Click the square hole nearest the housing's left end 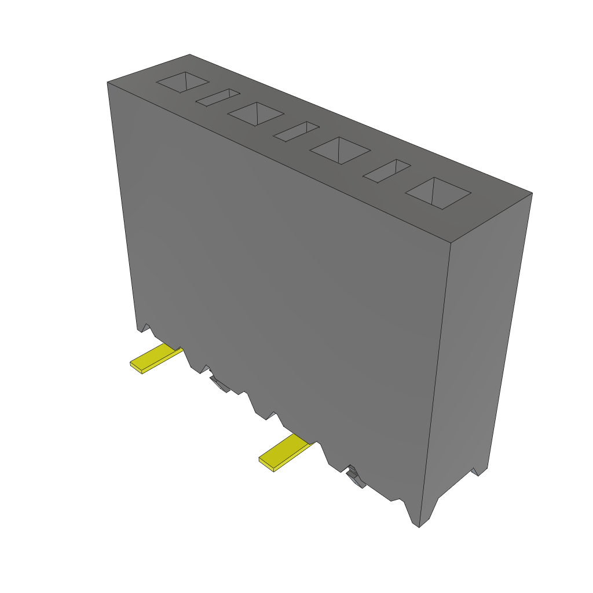pyautogui.click(x=182, y=82)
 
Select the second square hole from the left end pyautogui.click(x=255, y=114)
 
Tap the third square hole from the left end pyautogui.click(x=339, y=151)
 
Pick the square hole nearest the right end pyautogui.click(x=438, y=193)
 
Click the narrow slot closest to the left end pyautogui.click(x=218, y=98)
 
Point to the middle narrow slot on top pyautogui.click(x=296, y=131)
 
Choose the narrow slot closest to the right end pyautogui.click(x=387, y=171)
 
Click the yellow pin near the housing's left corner pyautogui.click(x=154, y=357)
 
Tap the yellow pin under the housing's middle pyautogui.click(x=285, y=453)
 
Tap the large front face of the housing pyautogui.click(x=278, y=278)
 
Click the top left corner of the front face pyautogui.click(x=108, y=83)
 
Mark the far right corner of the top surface pyautogui.click(x=532, y=193)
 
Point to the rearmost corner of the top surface pyautogui.click(x=189, y=54)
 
